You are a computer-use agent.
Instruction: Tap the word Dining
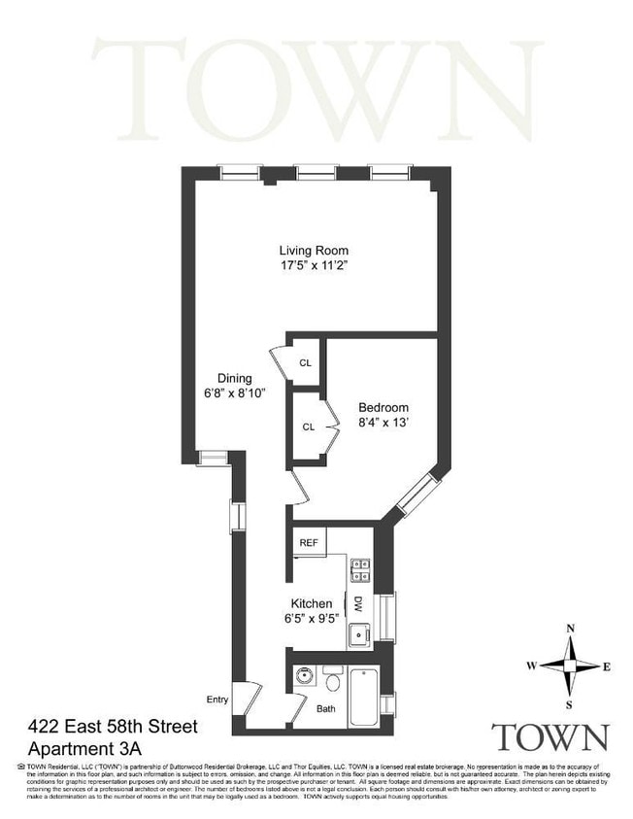(x=234, y=378)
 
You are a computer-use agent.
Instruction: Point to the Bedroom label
(x=383, y=407)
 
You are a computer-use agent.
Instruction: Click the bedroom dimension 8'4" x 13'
(x=383, y=423)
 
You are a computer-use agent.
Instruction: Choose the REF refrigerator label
(x=310, y=542)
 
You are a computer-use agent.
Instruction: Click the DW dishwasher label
(x=357, y=603)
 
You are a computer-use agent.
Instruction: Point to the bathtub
(x=363, y=697)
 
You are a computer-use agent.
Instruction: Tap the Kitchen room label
(x=313, y=603)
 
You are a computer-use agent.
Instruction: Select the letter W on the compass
(x=531, y=665)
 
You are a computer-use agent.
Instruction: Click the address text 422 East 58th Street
(x=114, y=727)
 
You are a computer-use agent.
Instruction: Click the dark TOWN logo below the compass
(x=550, y=737)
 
